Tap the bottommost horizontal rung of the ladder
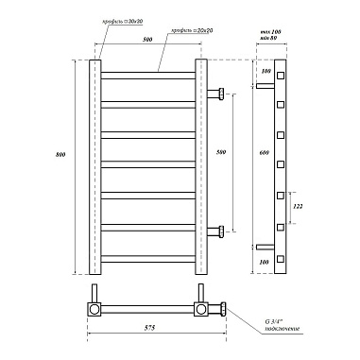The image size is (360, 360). coord(147,256)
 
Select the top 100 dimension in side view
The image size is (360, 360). coord(265,72)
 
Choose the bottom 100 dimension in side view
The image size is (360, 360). coord(265,260)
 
